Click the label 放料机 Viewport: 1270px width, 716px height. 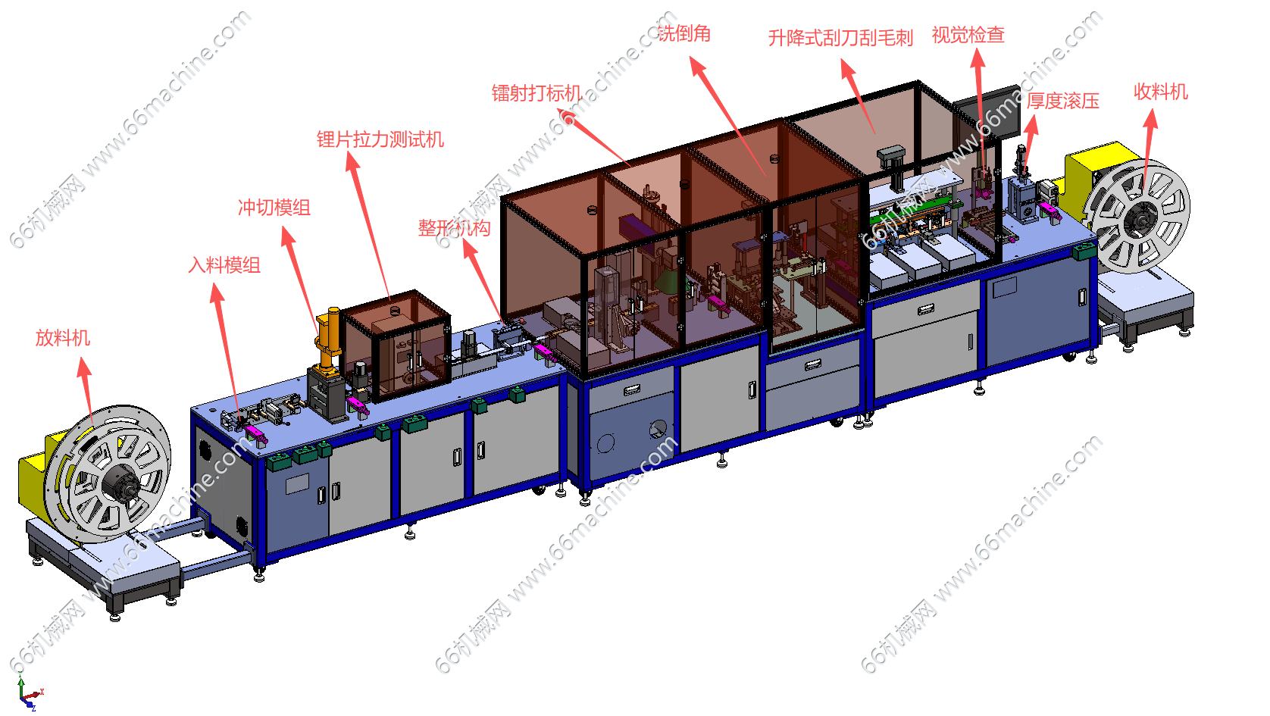point(62,338)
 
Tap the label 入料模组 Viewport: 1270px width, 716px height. point(224,264)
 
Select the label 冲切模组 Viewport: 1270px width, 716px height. point(274,208)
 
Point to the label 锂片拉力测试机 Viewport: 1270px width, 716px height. point(380,139)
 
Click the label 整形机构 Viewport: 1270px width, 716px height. point(454,228)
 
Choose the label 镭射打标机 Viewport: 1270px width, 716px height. point(536,93)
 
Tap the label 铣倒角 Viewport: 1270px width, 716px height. point(683,33)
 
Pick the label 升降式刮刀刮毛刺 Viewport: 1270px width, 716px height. point(840,38)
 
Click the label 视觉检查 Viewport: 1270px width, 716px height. point(968,35)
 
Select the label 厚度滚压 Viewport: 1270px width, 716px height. point(1062,101)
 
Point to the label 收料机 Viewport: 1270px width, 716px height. point(1161,91)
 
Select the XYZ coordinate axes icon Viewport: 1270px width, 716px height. point(27,691)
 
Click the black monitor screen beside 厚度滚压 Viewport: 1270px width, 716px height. point(990,114)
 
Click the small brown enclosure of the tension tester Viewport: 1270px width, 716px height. point(396,345)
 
